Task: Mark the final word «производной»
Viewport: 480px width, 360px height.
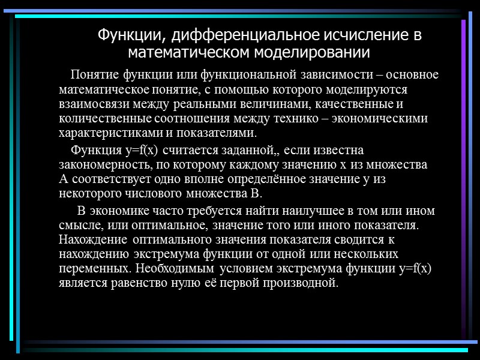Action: (x=303, y=283)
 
